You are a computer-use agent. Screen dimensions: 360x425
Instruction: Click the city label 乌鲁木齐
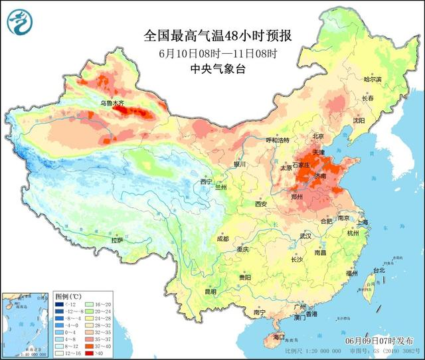click(x=112, y=104)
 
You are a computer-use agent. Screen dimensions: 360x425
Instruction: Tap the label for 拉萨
click(x=118, y=240)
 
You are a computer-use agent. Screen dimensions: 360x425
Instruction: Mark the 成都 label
click(x=222, y=238)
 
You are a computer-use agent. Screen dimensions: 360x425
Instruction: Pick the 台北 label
click(x=379, y=270)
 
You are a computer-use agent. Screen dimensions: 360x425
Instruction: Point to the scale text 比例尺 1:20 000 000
click(x=311, y=351)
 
